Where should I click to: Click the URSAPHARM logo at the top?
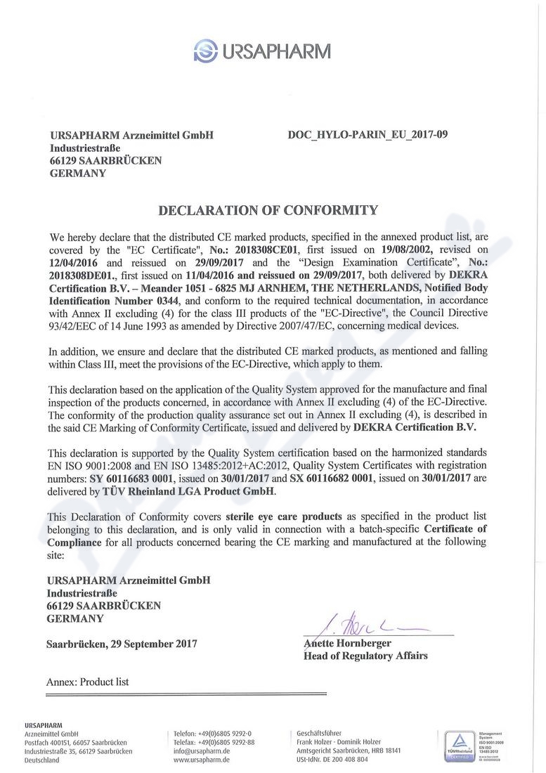click(x=262, y=51)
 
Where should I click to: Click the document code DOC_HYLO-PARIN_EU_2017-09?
click(x=368, y=134)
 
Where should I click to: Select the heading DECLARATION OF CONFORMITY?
click(x=268, y=210)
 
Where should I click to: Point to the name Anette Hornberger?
click(x=347, y=643)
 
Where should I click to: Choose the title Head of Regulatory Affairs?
click(x=365, y=656)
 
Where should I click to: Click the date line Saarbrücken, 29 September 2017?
click(x=122, y=643)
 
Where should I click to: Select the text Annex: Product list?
click(x=87, y=682)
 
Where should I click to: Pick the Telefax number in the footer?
click(x=214, y=742)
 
